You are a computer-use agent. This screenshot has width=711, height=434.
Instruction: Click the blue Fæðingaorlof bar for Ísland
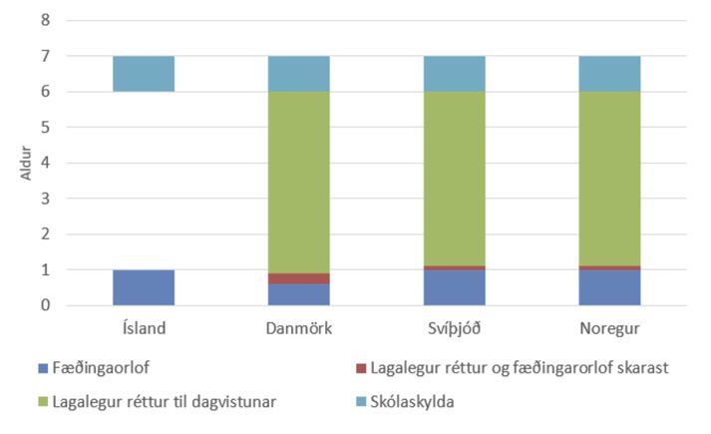144,287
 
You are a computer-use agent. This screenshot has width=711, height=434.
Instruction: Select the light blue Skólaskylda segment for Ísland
144,74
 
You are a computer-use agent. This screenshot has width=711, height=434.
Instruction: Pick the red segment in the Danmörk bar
299,279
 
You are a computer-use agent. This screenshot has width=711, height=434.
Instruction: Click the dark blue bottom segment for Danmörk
299,294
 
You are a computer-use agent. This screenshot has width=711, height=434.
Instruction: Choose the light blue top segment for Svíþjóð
455,74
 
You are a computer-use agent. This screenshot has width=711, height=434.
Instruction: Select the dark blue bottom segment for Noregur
610,287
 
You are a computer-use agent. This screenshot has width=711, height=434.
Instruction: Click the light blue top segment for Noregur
610,74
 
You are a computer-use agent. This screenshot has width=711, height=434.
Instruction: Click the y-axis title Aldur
26,164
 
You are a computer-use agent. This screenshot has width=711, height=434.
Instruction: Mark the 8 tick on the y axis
46,21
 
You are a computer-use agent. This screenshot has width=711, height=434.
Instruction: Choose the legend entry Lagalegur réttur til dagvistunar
160,403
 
